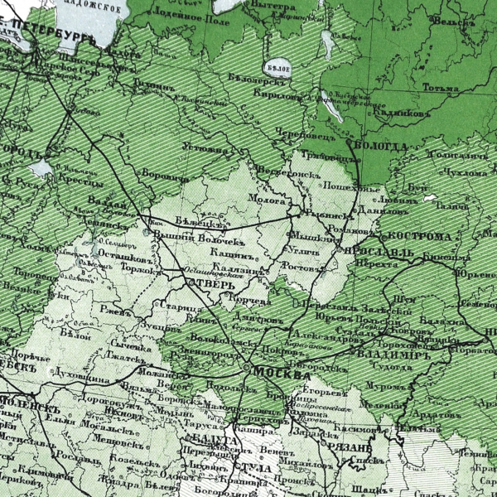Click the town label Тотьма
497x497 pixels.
(438, 87)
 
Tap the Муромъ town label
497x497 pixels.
(385, 385)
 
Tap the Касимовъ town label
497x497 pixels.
(360, 430)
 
